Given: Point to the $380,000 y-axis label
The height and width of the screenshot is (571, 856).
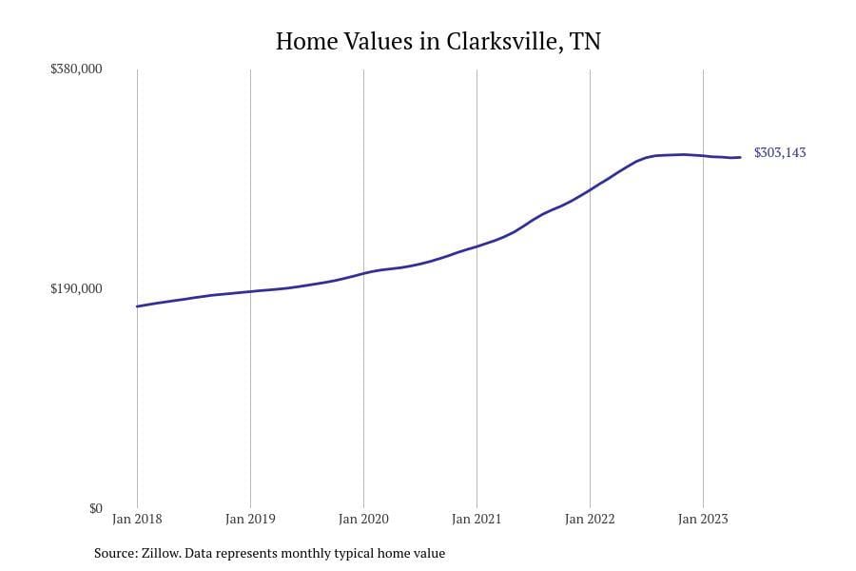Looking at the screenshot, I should (x=76, y=69).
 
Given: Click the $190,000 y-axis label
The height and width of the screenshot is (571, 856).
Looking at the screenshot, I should (x=76, y=288).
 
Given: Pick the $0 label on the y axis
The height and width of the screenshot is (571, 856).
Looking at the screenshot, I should (x=95, y=508).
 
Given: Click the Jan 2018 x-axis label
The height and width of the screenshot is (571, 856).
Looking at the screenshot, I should (x=137, y=519).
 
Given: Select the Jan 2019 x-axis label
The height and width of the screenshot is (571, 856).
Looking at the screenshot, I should (x=250, y=519).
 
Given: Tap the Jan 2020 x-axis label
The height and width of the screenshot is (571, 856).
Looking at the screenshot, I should (x=363, y=519).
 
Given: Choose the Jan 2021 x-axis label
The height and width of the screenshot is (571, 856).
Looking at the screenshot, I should (x=477, y=519).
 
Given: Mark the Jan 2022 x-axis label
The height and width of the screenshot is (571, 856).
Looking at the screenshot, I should (x=590, y=519).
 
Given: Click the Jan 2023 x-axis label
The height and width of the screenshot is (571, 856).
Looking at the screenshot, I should (x=703, y=519).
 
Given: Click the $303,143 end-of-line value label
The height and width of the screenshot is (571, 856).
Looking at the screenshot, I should (x=780, y=152).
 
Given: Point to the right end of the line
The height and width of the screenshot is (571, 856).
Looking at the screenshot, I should (x=740, y=157).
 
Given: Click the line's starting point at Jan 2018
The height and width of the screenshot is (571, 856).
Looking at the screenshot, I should (x=137, y=306).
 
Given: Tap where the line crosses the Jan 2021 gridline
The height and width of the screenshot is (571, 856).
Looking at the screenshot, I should (x=477, y=246).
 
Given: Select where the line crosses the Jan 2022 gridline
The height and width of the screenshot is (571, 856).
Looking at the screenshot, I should (x=590, y=190).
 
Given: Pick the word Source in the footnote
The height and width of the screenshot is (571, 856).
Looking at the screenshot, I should (x=114, y=553).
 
